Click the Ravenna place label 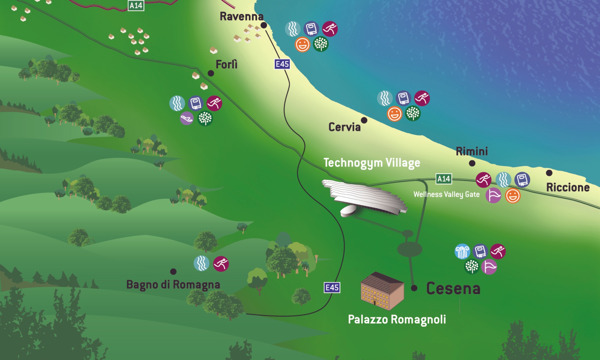tap(242, 17)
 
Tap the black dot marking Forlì tap(211, 73)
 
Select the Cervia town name tap(344, 127)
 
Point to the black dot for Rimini tap(472, 163)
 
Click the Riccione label tap(568, 188)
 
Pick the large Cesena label tap(453, 289)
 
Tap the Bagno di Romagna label tap(173, 285)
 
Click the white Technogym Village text tap(372, 163)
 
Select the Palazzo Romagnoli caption tap(397, 319)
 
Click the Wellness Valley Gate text tap(446, 194)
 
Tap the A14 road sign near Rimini tap(444, 179)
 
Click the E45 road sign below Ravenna tap(282, 64)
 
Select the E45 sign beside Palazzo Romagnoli tap(332, 288)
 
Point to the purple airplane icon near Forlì tap(187, 118)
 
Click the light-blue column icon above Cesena tap(462, 251)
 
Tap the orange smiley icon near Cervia tap(394, 114)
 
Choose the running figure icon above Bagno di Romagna tap(221, 264)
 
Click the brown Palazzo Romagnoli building tap(382, 291)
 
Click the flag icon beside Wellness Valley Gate tap(493, 196)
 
